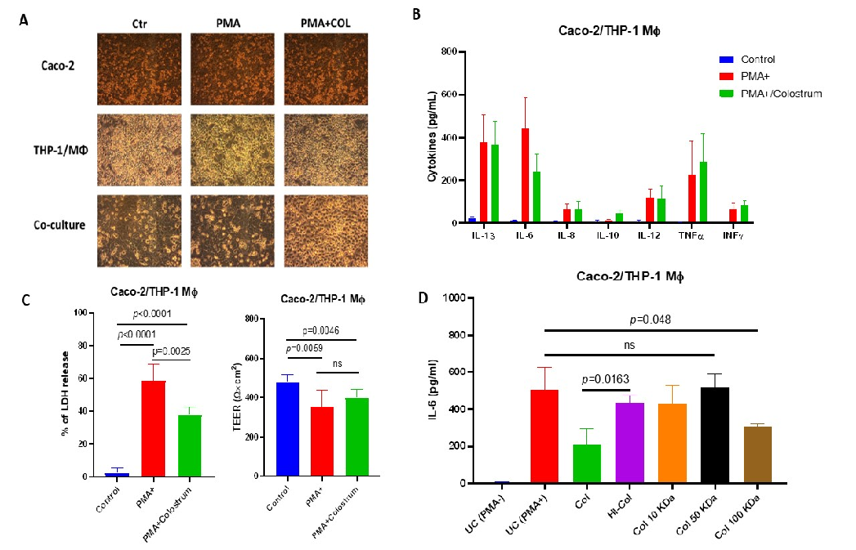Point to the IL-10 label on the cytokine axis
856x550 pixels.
[605, 235]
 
